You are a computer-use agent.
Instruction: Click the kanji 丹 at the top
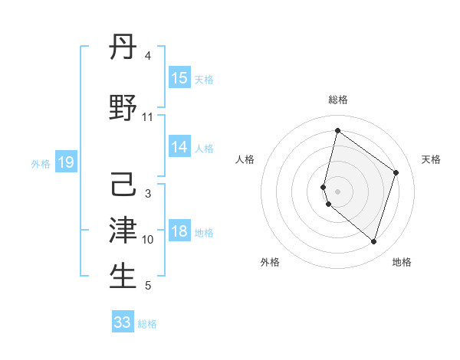tap(123, 49)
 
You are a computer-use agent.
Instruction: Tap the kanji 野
tap(123, 108)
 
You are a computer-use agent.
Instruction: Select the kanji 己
tap(123, 185)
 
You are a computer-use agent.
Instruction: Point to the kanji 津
tap(123, 229)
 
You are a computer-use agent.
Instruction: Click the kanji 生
tap(123, 276)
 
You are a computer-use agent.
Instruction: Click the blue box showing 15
tap(179, 78)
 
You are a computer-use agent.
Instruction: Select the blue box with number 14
tap(179, 147)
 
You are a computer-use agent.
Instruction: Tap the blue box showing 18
tap(179, 232)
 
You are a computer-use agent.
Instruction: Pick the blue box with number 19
tap(65, 162)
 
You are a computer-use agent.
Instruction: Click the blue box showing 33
tap(123, 322)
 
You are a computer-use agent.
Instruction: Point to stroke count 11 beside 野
tap(148, 117)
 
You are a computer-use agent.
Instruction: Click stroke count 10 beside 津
tap(148, 240)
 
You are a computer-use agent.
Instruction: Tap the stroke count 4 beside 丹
tap(148, 56)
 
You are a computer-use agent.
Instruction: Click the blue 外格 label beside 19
tap(41, 163)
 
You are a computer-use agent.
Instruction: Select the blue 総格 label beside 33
tap(147, 324)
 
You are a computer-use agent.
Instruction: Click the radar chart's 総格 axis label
tap(337, 100)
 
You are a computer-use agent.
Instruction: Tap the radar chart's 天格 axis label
tap(431, 159)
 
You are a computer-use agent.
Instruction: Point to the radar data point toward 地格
tap(374, 242)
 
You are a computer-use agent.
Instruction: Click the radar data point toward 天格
tap(396, 172)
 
